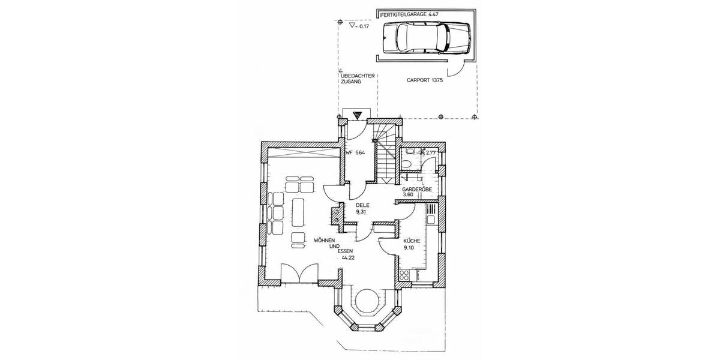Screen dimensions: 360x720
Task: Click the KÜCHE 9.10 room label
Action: (411, 244)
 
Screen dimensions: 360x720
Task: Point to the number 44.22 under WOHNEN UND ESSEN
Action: (347, 257)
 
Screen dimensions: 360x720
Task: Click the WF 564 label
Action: (355, 153)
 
